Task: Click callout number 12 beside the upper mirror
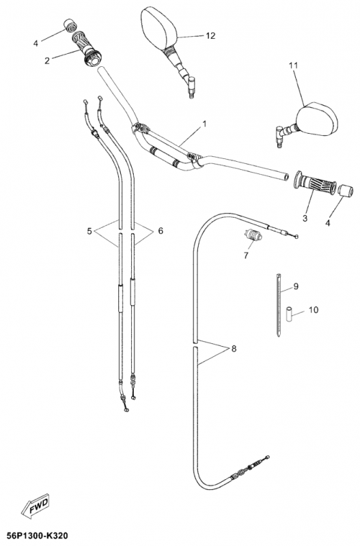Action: (x=210, y=35)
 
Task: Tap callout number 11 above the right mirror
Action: (x=294, y=65)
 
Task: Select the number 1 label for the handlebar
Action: (x=204, y=124)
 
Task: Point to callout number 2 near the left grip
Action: (x=47, y=60)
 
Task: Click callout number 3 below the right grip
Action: (x=305, y=218)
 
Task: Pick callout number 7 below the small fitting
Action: (x=246, y=255)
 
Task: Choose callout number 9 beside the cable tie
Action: (x=296, y=286)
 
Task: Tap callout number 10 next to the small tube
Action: (x=314, y=310)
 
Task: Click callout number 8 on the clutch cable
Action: (x=234, y=348)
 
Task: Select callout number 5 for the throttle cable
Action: (x=89, y=231)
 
